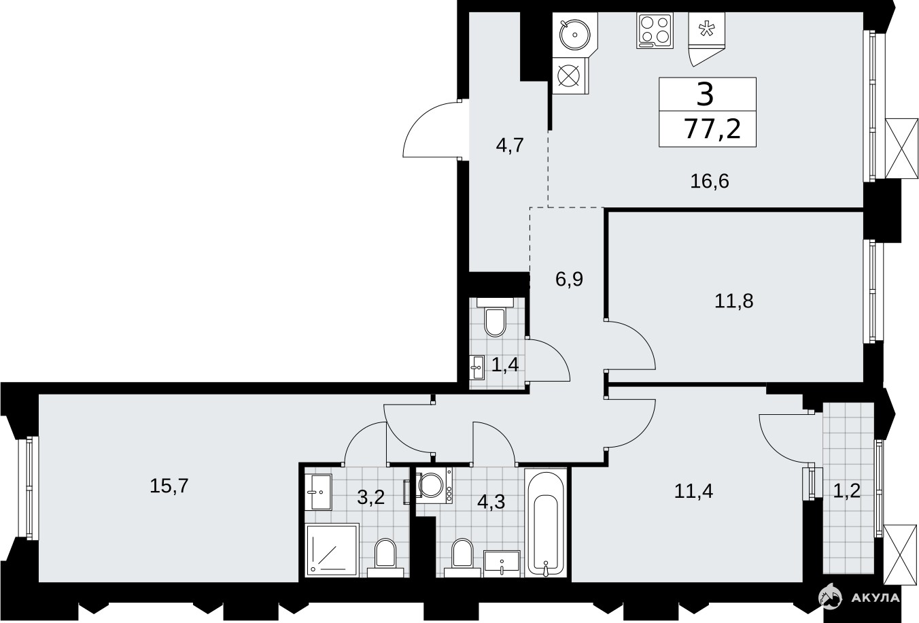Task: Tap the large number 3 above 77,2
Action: [706, 94]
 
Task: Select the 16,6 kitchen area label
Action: [710, 181]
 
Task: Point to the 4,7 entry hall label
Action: [510, 146]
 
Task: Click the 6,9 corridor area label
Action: [569, 280]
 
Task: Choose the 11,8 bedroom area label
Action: [734, 302]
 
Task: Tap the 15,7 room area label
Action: [169, 486]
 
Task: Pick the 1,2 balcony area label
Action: [847, 490]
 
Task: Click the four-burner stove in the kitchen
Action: [655, 31]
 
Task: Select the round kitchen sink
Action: [574, 35]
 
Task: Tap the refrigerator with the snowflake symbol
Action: [706, 39]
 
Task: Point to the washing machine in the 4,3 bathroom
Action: [434, 485]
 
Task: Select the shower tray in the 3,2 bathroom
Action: [332, 549]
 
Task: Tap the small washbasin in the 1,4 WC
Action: [477, 368]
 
